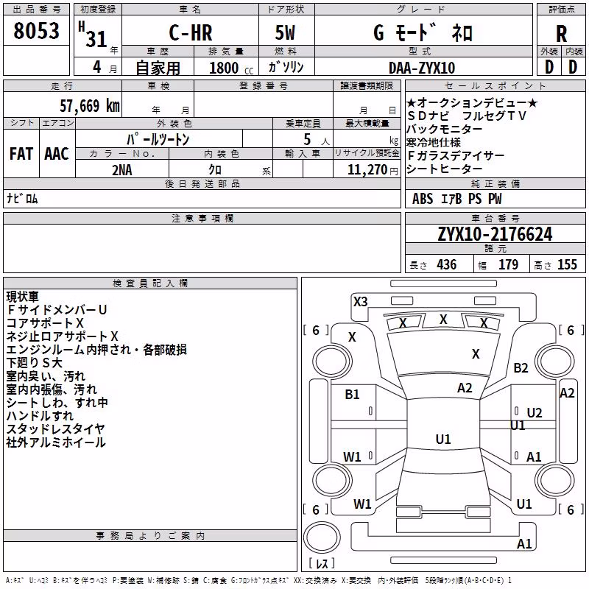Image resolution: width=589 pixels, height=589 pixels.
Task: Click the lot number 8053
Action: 36,30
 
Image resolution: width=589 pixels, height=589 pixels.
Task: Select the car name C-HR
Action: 191,32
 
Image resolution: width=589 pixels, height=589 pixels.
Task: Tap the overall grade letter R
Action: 561,33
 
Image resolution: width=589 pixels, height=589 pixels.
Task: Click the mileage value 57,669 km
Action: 90,105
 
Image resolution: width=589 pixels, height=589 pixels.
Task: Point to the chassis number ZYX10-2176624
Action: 495,233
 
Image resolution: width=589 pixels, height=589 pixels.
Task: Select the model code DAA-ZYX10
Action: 422,68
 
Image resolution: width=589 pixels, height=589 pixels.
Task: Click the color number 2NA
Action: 122,170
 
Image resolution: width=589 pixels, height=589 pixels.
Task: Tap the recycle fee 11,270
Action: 367,170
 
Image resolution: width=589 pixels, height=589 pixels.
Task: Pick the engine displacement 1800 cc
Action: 231,68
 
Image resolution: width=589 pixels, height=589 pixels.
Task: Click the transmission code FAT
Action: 21,154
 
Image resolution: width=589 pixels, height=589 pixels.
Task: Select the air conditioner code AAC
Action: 57,154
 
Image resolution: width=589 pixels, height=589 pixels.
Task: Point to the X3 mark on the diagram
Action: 360,301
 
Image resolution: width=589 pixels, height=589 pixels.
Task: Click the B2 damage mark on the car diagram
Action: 521,367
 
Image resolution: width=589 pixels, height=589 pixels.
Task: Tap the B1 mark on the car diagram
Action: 352,394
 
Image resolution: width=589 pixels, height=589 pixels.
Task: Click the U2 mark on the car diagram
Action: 535,413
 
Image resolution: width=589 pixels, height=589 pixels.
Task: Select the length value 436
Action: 447,264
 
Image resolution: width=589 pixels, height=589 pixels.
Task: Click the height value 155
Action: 567,264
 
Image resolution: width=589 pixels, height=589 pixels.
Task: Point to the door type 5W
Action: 285,32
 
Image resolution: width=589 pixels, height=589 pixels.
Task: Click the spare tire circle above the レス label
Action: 322,537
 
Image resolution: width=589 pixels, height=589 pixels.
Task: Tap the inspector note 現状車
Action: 23,297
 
